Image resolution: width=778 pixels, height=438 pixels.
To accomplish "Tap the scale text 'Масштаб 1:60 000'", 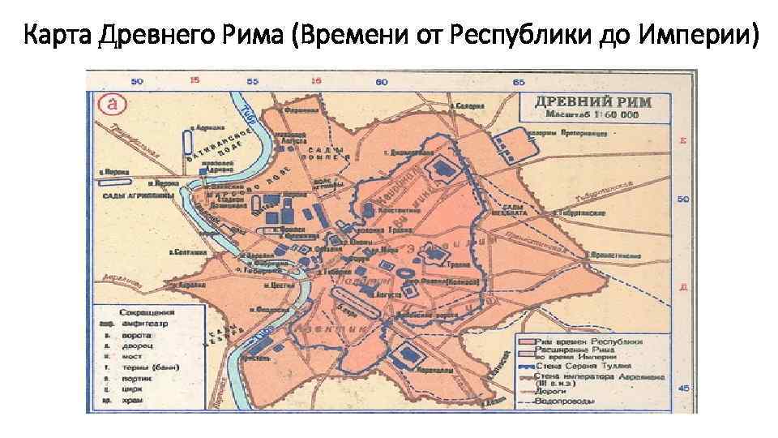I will pos(594,116).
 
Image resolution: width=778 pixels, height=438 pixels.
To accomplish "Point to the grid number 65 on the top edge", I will pos(519,81).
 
